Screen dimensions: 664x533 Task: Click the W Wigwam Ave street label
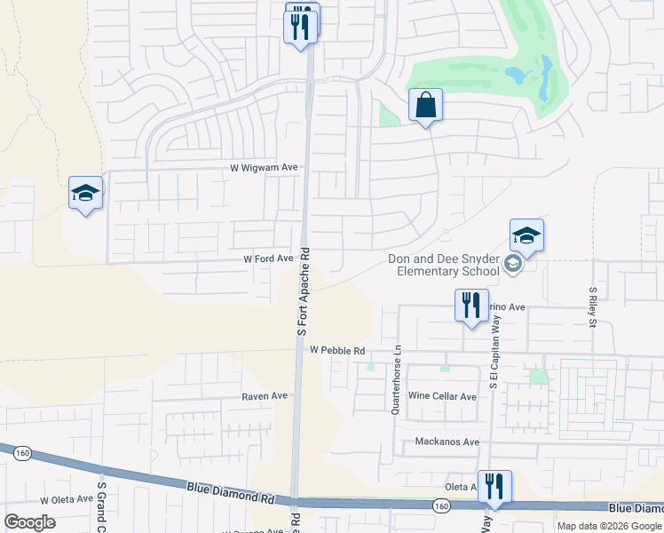pos(264,167)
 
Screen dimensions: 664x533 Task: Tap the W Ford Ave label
pos(268,259)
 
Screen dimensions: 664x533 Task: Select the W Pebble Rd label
pos(337,351)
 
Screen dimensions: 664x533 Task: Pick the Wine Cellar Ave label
pos(442,395)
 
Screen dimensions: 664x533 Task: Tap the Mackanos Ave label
pos(447,442)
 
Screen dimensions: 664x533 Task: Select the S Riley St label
pos(593,307)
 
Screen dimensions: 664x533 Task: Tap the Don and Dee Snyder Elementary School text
pos(443,266)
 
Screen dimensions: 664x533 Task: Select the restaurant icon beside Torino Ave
pos(471,305)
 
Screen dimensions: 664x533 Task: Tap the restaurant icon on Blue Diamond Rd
pos(494,486)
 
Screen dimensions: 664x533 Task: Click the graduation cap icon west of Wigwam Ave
pos(86,193)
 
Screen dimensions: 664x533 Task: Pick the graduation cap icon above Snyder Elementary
pos(526,235)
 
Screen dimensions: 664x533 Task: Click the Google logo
pos(29,521)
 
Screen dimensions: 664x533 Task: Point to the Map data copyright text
pos(609,526)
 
